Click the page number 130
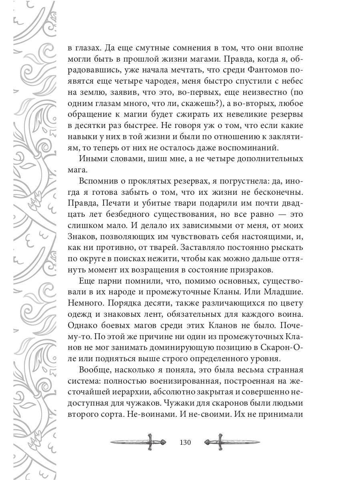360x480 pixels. tap(186, 443)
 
